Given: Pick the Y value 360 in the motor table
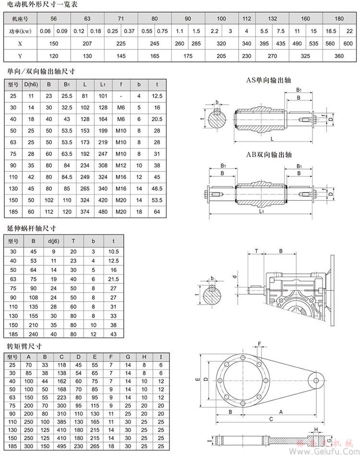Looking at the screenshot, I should coord(339,56).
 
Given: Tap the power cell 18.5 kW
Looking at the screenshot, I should coord(330,31).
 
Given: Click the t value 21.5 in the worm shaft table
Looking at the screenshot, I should coord(114,279).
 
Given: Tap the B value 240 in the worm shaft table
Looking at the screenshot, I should coord(34,333).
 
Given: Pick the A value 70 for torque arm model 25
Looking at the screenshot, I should coord(29,365).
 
